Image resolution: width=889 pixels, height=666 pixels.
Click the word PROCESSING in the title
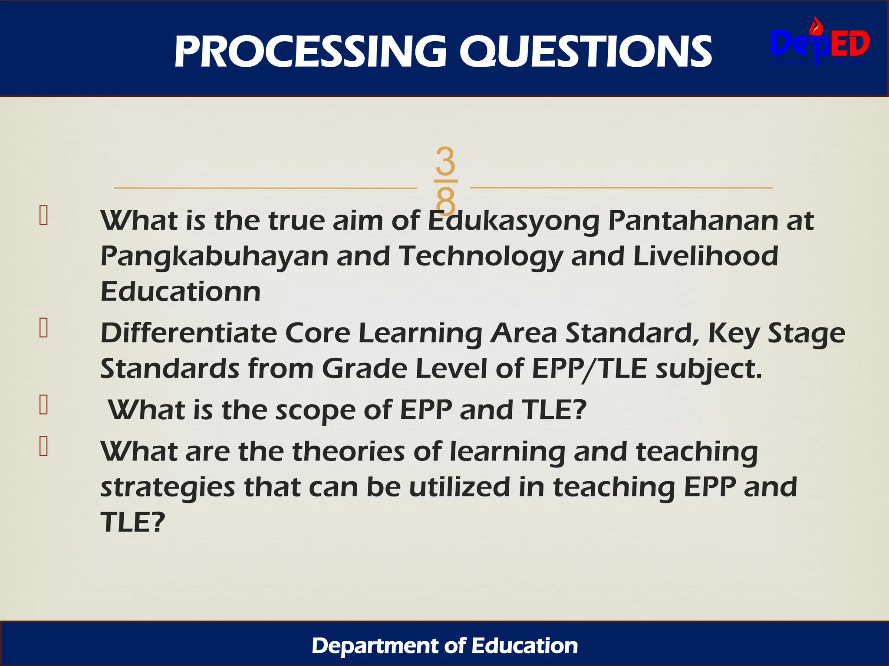tap(310, 52)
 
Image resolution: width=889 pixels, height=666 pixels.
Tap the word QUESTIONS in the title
tap(586, 52)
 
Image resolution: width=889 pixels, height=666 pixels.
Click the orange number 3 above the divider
tap(445, 161)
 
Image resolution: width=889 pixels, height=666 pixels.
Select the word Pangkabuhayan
tap(214, 257)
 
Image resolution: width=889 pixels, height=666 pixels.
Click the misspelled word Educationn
tap(181, 291)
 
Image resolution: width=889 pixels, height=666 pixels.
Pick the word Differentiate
tap(189, 333)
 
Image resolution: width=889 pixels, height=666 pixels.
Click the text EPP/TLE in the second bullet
tap(589, 369)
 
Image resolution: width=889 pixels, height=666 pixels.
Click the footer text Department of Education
tap(444, 646)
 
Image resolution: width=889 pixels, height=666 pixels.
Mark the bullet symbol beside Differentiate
tap(43, 328)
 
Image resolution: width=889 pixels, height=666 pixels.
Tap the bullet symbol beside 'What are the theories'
tap(43, 446)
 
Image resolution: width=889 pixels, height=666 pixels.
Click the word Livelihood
tap(706, 256)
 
